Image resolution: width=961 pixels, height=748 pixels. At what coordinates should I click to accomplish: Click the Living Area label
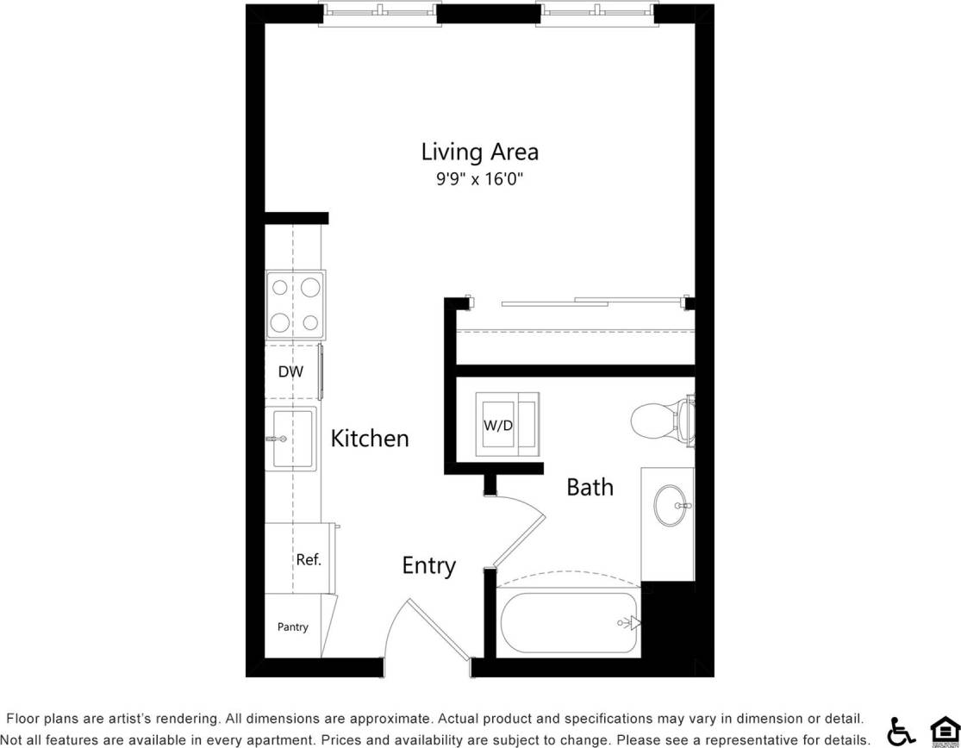[479, 153]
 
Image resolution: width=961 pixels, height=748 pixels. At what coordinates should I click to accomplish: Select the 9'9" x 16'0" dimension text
[479, 180]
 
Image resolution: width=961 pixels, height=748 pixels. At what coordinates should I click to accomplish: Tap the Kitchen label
[370, 438]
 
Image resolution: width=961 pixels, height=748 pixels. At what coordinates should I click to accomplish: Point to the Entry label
[428, 566]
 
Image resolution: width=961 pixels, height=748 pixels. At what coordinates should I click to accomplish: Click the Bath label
[590, 487]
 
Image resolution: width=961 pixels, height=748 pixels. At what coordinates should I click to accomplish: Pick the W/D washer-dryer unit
[507, 425]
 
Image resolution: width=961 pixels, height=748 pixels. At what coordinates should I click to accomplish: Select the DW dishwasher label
[290, 372]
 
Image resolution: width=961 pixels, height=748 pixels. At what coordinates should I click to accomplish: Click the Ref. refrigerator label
[309, 559]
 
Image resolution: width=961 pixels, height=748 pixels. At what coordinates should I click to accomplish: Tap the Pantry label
[293, 626]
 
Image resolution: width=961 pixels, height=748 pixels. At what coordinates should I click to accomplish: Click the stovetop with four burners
[296, 305]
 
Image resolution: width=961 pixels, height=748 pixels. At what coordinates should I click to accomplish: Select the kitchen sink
[289, 439]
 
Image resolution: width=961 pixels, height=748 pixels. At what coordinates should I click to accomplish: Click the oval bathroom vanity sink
[669, 505]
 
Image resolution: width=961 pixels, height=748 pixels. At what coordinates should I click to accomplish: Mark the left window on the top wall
[379, 13]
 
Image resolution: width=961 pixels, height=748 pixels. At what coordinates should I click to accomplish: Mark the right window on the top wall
[596, 13]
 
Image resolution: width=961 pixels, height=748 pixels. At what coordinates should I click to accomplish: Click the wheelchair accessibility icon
[902, 730]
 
